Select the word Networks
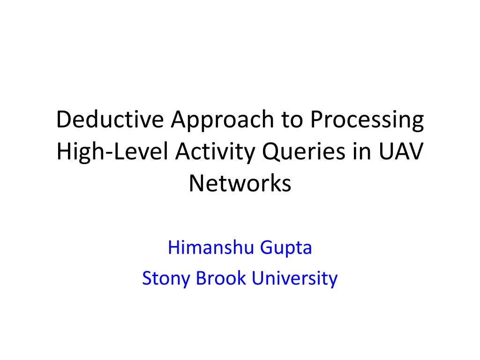[x=240, y=183]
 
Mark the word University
[x=294, y=278]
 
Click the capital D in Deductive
[x=62, y=120]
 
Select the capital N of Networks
[x=196, y=183]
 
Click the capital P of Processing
[x=318, y=120]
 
